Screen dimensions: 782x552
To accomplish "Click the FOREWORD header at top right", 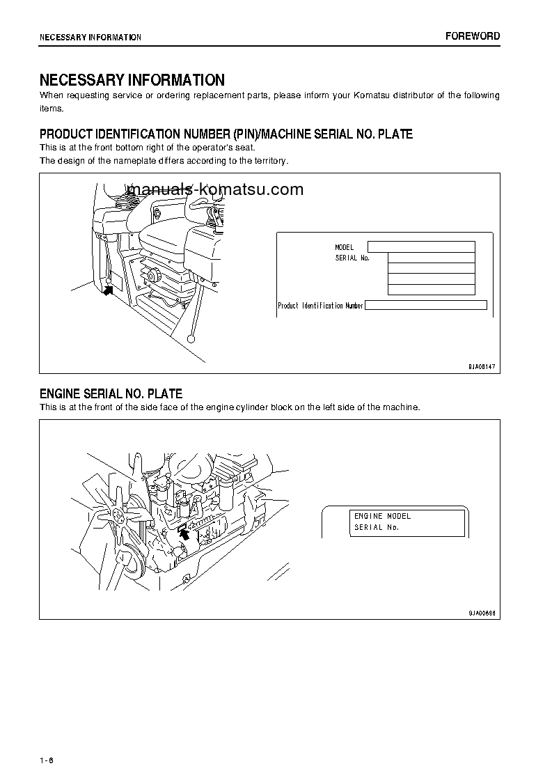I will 473,36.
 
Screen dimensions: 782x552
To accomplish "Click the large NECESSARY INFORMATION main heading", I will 132,80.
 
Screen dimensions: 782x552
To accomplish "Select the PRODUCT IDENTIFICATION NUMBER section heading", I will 226,134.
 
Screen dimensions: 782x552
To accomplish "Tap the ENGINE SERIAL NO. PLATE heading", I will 111,394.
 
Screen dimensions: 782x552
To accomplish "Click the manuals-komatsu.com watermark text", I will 216,189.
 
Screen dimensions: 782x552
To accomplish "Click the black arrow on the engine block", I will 184,533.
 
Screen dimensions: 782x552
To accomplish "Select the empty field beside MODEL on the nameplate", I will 421,247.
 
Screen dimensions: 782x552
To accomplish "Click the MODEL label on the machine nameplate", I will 345,247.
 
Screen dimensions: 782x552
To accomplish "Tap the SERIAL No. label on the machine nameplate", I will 352,258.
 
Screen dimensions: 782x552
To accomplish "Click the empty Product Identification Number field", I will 425,305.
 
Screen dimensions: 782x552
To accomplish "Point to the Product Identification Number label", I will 320,306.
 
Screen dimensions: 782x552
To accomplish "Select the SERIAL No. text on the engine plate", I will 377,527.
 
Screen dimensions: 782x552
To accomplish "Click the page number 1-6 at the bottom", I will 47,759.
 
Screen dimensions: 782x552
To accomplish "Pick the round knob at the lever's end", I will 191,339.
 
